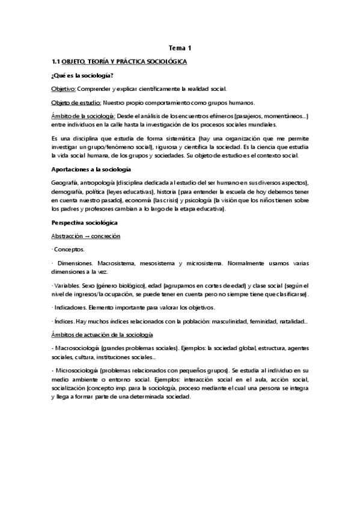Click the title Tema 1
(x=180, y=49)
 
